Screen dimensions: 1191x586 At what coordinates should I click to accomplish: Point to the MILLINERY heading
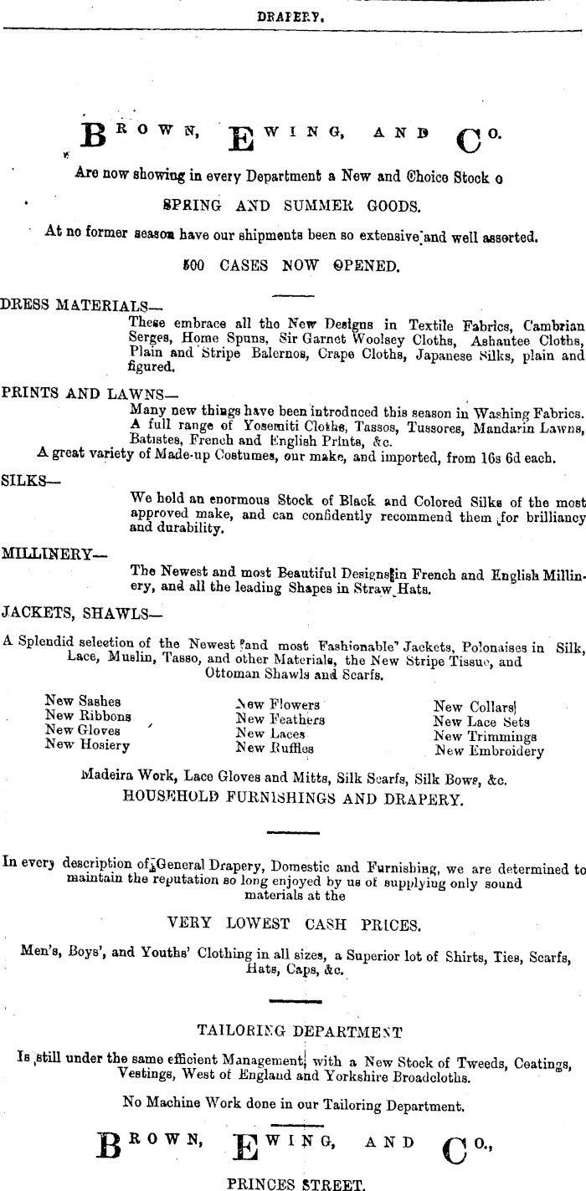coord(54,552)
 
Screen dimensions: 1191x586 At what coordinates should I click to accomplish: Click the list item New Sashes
coord(83,701)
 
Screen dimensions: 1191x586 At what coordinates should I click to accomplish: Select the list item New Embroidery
coord(489,750)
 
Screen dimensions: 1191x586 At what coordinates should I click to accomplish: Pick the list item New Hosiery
coord(87,744)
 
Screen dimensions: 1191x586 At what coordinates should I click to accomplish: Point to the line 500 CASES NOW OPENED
coord(290,265)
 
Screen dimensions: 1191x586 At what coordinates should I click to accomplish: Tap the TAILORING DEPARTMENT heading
coord(299,1030)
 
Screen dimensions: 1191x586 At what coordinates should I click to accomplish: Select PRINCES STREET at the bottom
coord(296,1183)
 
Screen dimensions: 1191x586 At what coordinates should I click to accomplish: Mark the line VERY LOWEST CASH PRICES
coord(293,924)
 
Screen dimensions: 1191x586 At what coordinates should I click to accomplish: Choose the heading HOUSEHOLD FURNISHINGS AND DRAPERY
coord(292,798)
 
